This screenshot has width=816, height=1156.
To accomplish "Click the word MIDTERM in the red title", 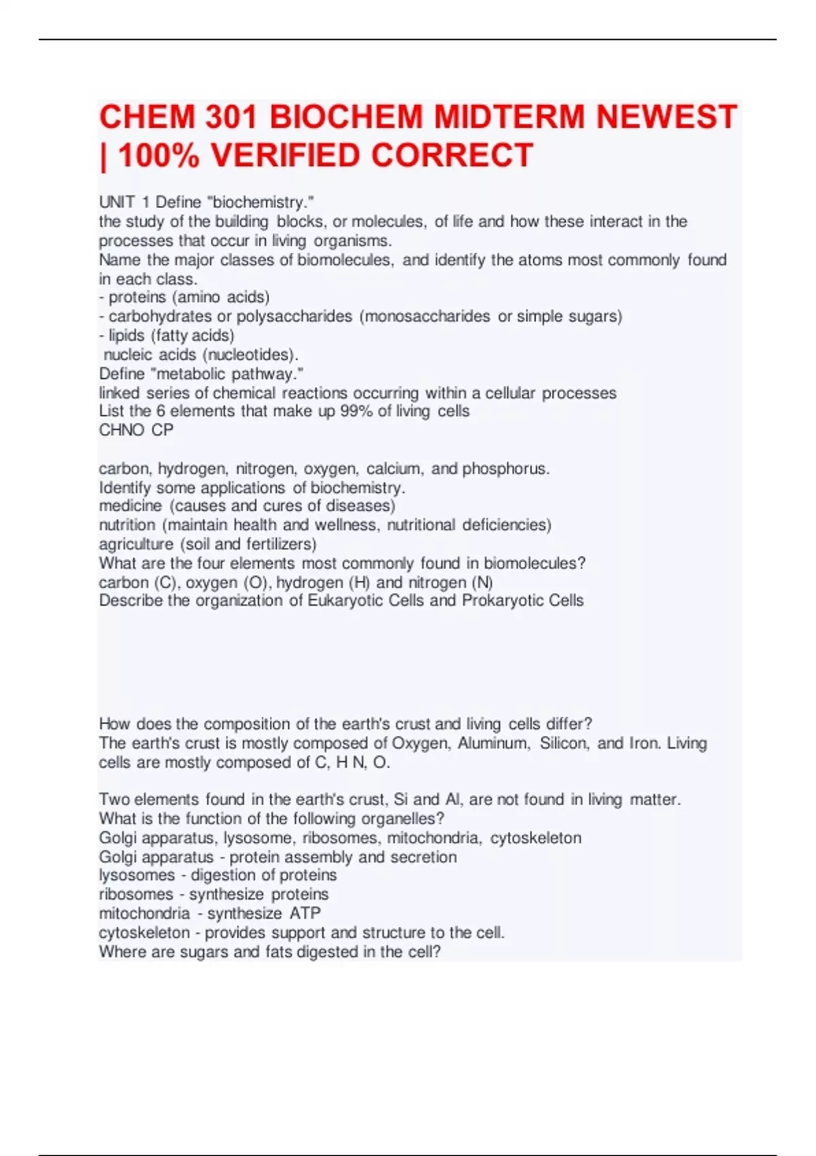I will coord(509,117).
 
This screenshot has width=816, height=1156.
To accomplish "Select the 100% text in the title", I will coord(159,156).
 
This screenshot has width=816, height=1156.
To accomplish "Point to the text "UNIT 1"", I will coord(124,202).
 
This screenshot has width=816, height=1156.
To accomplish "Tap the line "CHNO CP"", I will coord(136,430).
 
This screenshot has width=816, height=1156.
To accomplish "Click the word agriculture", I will coord(136,544).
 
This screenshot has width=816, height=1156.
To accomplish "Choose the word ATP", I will coord(305,913).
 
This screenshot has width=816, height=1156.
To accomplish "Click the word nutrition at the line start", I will coord(127,525).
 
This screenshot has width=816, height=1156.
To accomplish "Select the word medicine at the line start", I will coord(131,506).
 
